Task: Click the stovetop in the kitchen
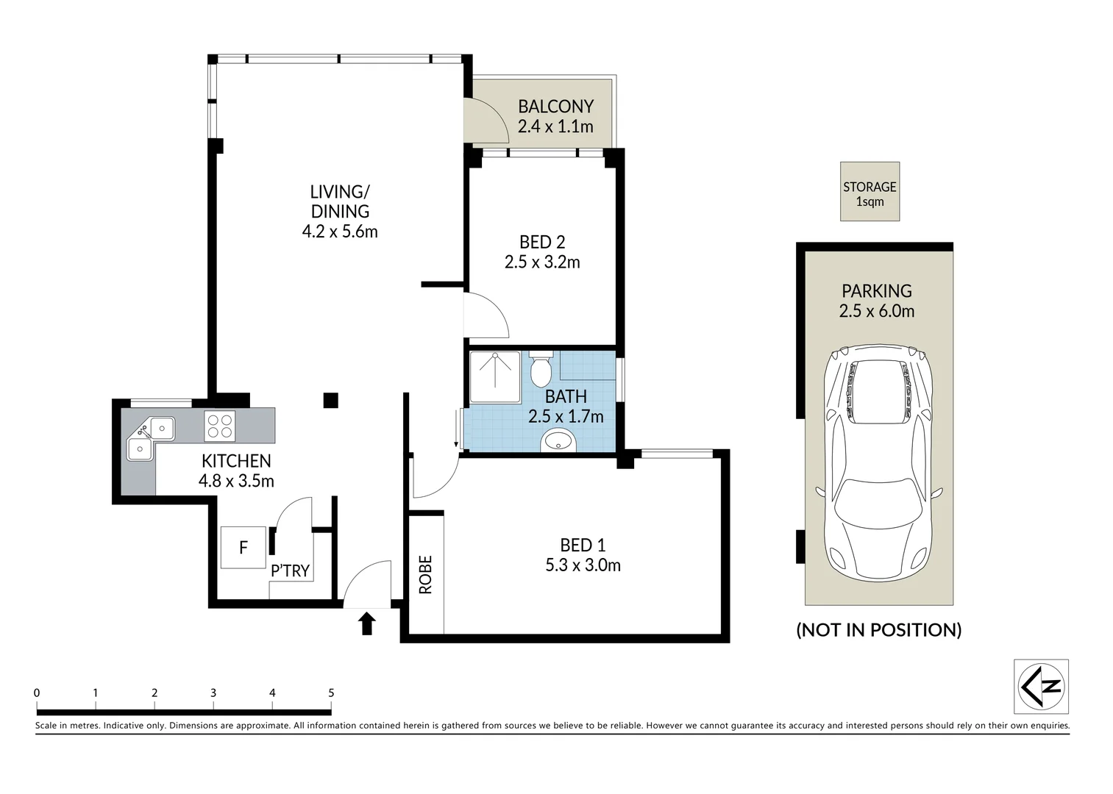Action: point(219,426)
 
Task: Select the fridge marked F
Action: point(243,547)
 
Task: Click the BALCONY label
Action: point(555,107)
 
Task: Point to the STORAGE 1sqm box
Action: point(870,191)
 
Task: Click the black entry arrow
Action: point(366,623)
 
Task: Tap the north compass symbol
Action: point(1041,686)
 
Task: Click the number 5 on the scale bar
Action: point(332,693)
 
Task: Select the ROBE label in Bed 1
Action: point(426,574)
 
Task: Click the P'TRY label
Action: point(290,571)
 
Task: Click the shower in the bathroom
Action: point(495,377)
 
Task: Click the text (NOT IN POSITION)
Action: point(878,629)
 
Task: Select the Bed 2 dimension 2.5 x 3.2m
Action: point(542,262)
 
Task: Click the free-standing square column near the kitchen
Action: point(331,400)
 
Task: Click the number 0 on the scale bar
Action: point(37,693)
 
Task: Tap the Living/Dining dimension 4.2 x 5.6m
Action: point(340,232)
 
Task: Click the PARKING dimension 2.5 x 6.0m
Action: point(876,311)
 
